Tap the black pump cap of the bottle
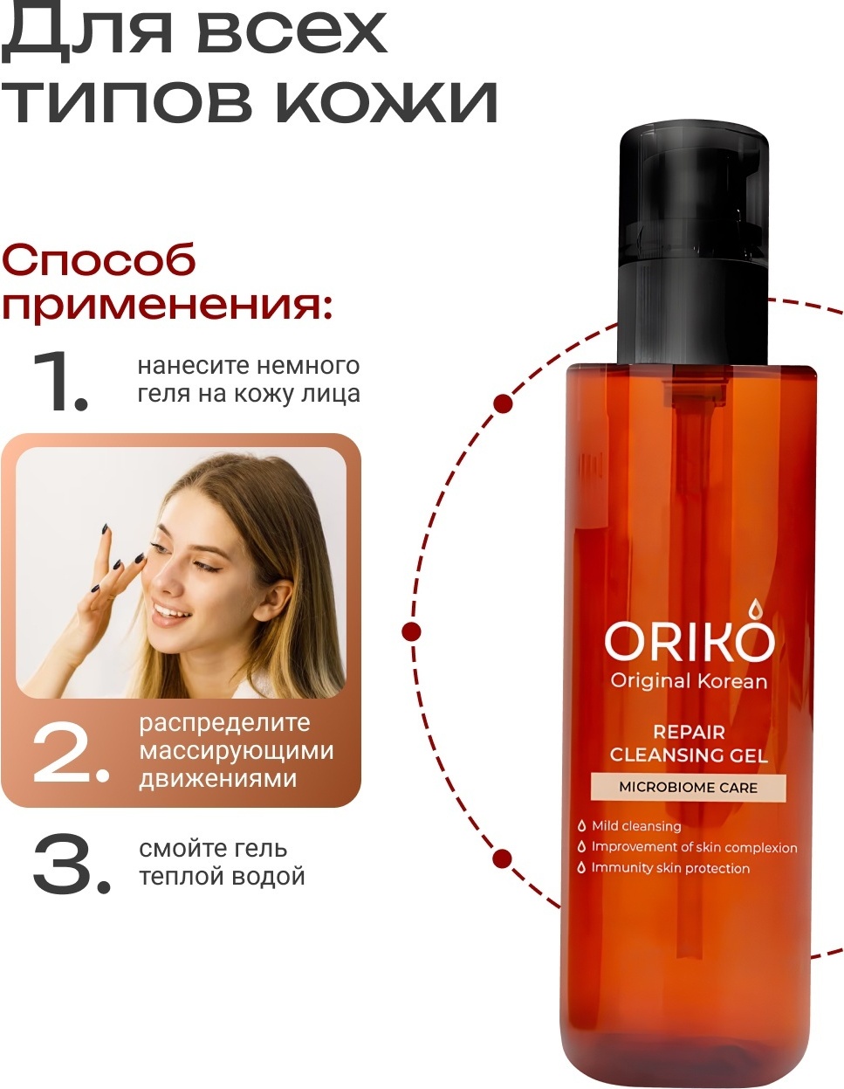click(694, 245)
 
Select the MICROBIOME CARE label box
click(689, 788)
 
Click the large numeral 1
click(60, 381)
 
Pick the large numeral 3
click(72, 864)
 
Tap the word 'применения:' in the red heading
click(167, 305)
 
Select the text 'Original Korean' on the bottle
click(689, 681)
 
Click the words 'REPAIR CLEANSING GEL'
click(689, 744)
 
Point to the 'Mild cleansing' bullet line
click(629, 825)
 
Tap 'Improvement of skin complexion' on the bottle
click(687, 846)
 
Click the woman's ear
click(273, 605)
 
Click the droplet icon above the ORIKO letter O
click(752, 610)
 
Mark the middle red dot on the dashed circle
click(412, 630)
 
